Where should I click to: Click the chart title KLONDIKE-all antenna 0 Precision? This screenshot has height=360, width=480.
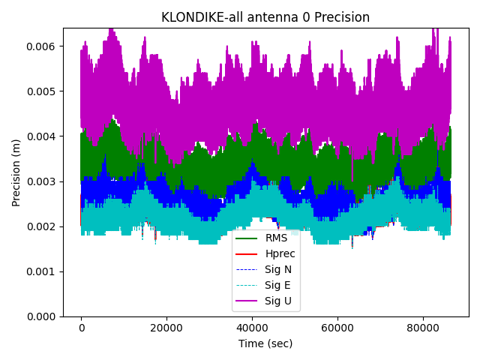click(265, 17)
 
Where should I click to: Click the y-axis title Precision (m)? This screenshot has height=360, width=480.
click(16, 172)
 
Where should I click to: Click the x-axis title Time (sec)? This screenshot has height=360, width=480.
click(265, 343)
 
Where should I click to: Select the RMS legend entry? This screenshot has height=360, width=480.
click(276, 238)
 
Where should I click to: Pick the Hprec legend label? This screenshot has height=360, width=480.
click(280, 253)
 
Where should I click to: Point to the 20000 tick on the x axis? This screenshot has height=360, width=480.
click(166, 328)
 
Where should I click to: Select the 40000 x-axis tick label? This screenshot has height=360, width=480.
click(252, 328)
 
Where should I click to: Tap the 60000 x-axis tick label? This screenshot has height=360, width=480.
click(337, 328)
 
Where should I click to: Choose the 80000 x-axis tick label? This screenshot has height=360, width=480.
click(422, 328)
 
